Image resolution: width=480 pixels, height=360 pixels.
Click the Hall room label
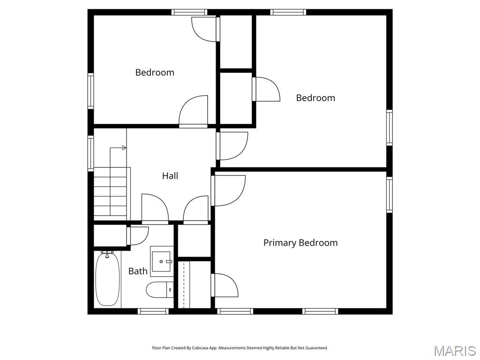170,176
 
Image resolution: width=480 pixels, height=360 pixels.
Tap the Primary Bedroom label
300,242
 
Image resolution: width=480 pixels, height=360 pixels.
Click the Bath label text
138,271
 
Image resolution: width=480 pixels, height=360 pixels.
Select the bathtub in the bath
107,279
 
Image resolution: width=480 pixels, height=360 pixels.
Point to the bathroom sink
162,261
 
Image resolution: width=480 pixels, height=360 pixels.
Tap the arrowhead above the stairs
124,148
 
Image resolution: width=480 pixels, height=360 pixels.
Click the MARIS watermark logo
454,351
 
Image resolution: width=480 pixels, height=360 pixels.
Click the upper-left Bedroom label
155,72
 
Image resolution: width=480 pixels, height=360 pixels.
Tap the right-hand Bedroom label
315,97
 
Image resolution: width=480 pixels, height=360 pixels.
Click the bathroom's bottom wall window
153,311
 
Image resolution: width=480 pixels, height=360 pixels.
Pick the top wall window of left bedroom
189,12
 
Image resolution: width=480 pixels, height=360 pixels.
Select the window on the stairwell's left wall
91,152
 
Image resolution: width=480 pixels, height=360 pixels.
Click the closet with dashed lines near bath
194,284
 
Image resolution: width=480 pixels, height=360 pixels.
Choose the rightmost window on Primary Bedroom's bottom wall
320,311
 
